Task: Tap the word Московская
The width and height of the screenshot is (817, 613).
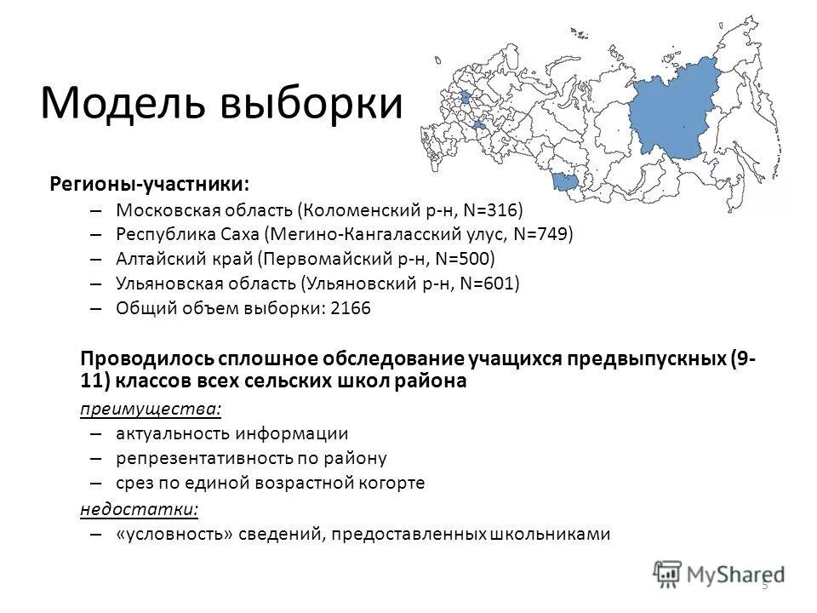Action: tap(162, 209)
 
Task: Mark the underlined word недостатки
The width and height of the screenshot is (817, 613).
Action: tap(138, 509)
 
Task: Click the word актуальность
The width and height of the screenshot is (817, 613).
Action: tap(168, 433)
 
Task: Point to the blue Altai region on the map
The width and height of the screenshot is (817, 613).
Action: tap(563, 180)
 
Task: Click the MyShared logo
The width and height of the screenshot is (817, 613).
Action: tap(720, 571)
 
